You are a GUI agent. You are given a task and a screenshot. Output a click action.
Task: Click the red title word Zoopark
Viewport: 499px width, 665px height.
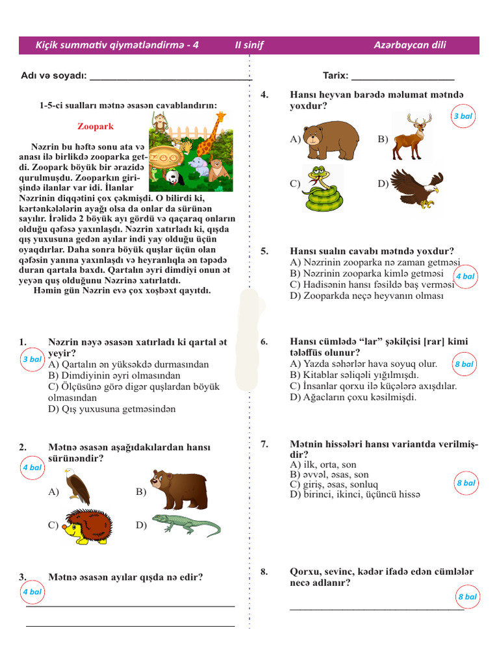click(96, 127)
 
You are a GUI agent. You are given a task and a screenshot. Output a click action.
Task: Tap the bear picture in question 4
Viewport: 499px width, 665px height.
click(332, 140)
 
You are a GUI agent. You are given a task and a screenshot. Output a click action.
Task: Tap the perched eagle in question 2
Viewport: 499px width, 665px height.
click(77, 487)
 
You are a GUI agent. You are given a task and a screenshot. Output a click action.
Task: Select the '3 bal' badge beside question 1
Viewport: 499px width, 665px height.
click(32, 359)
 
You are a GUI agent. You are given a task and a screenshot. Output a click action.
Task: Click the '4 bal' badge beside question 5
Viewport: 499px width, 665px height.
click(465, 276)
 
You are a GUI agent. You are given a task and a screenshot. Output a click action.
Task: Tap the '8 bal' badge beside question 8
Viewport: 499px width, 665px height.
click(467, 596)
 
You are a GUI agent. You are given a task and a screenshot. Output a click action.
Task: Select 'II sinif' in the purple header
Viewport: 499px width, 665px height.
click(249, 45)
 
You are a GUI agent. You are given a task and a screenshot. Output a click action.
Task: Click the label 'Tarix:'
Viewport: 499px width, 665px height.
click(336, 76)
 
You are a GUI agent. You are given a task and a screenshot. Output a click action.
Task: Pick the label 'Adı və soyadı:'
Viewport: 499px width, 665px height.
click(54, 76)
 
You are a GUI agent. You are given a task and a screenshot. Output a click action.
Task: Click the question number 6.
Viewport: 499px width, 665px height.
click(264, 342)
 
